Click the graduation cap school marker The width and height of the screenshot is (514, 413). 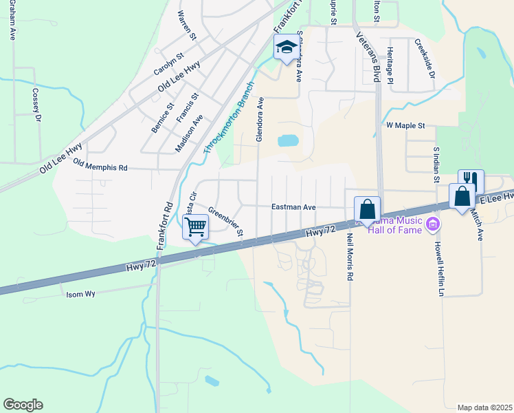click(x=286, y=48)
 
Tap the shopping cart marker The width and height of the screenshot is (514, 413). click(x=196, y=226)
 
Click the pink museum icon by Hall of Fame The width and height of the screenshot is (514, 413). click(x=432, y=223)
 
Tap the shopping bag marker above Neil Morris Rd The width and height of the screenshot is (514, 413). click(x=367, y=209)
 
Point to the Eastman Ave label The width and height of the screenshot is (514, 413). click(x=293, y=206)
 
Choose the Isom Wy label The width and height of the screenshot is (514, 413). click(x=80, y=294)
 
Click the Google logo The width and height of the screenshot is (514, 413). click(x=23, y=405)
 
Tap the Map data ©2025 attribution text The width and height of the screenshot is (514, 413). click(x=484, y=407)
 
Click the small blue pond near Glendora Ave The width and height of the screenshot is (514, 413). click(x=288, y=141)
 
